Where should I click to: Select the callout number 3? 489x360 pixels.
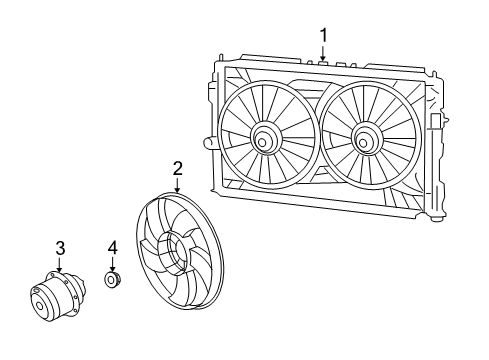click(x=60, y=247)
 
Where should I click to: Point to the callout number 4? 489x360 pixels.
click(x=113, y=246)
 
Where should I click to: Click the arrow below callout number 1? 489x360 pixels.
click(x=323, y=55)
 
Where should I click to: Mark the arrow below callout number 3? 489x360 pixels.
click(x=60, y=265)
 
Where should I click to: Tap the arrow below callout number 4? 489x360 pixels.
click(x=113, y=263)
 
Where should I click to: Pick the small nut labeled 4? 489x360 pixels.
click(x=113, y=281)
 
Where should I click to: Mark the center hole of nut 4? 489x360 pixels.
click(x=111, y=282)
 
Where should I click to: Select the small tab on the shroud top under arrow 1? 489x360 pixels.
click(x=323, y=64)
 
